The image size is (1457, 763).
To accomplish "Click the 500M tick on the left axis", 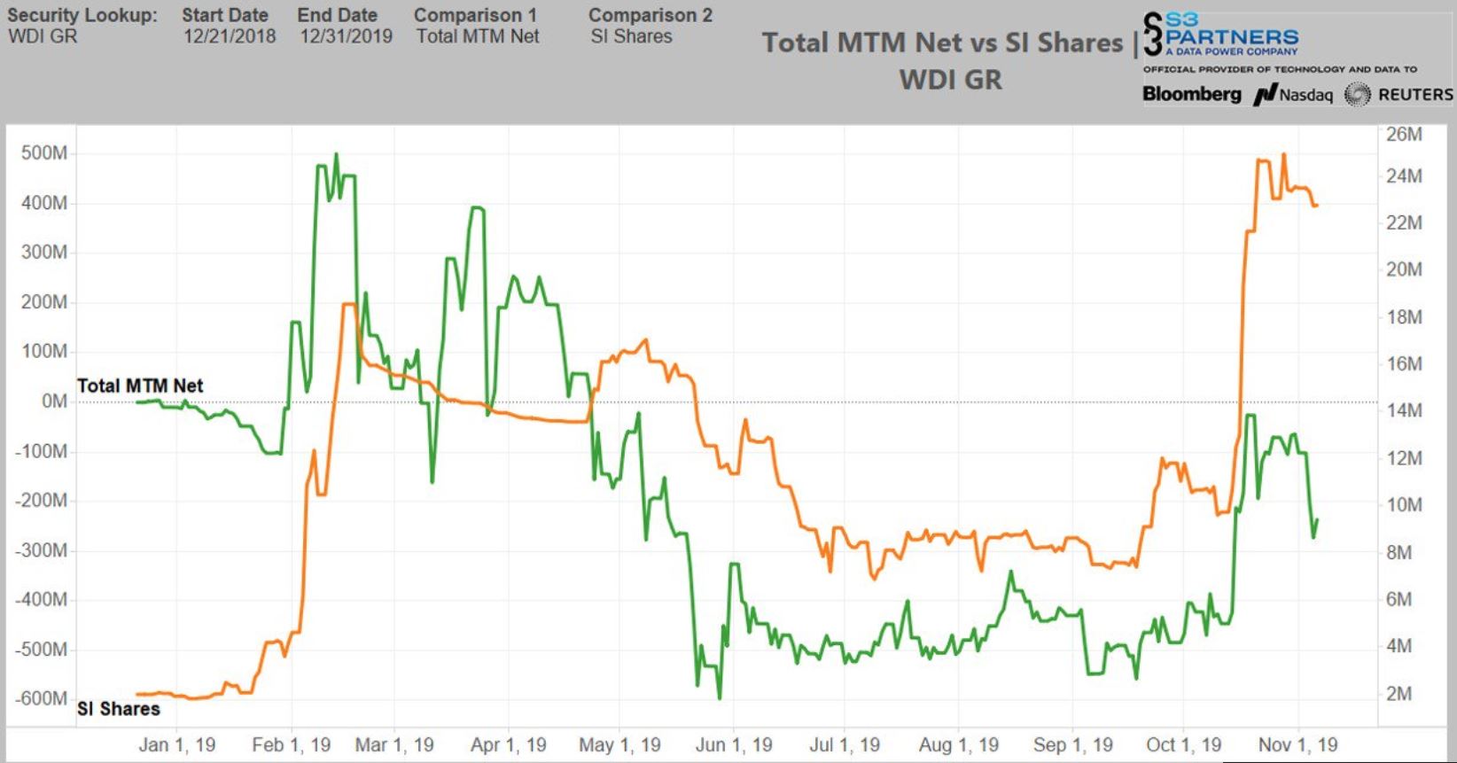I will (x=44, y=153).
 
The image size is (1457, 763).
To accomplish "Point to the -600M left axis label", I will (x=41, y=698).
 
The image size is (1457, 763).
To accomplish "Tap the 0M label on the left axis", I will (x=54, y=401).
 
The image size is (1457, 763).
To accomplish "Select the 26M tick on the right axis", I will (x=1404, y=135).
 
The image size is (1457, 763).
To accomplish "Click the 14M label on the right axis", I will (x=1404, y=410).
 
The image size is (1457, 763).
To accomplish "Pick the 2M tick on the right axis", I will (x=1399, y=694).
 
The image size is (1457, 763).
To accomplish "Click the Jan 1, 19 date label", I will (x=177, y=744).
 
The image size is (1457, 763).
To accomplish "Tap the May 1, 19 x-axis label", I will (x=619, y=744).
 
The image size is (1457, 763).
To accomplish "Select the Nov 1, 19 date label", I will (x=1297, y=744).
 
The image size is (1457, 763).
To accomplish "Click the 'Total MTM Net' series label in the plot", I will (x=140, y=385).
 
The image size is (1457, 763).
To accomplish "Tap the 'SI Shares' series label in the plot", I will (x=119, y=709).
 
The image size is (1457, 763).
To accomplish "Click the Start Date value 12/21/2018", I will (x=230, y=36).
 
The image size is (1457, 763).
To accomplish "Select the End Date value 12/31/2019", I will (x=346, y=36).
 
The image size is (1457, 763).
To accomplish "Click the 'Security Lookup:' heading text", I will (x=82, y=15).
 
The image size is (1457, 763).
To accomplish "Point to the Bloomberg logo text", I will (x=1192, y=94).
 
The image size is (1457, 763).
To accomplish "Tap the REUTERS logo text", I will (x=1414, y=95).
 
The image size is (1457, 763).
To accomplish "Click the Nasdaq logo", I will (x=1294, y=95).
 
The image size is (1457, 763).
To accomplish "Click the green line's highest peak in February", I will (x=336, y=155).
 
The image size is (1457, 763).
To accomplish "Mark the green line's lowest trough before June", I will (x=719, y=698).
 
